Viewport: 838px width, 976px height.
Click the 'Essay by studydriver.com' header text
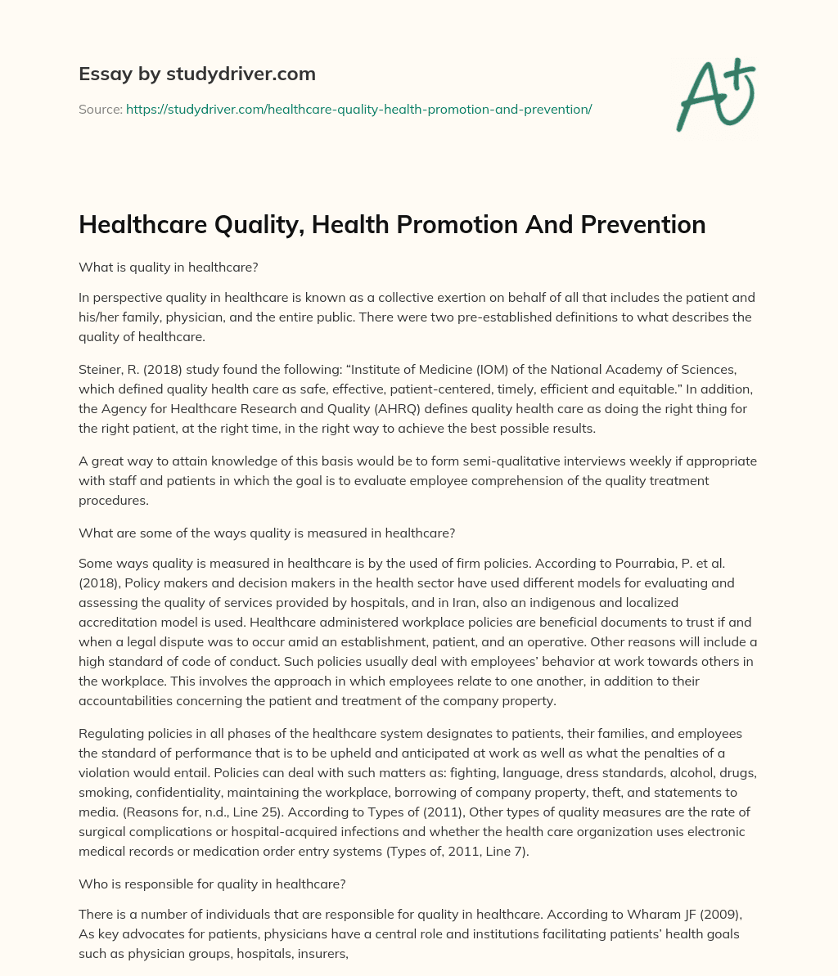pos(196,74)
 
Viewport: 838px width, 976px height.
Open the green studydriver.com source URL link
pos(358,109)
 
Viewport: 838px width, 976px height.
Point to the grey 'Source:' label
pos(100,109)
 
